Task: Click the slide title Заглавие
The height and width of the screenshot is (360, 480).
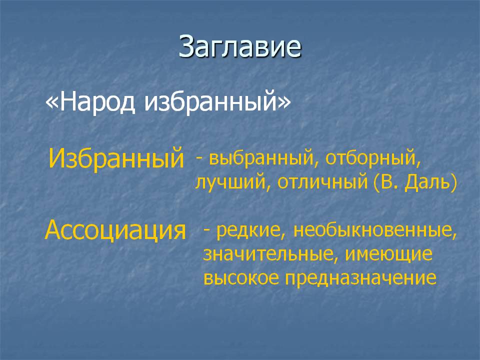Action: [x=240, y=46]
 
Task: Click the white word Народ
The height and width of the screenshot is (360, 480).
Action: [x=97, y=101]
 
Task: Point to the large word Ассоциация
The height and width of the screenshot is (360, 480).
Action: [x=115, y=230]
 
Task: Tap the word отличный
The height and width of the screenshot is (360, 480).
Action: [x=322, y=182]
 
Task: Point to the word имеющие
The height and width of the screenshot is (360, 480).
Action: [x=389, y=254]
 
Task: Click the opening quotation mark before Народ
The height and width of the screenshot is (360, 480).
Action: [x=52, y=103]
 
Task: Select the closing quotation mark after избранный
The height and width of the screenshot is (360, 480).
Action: [x=284, y=103]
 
